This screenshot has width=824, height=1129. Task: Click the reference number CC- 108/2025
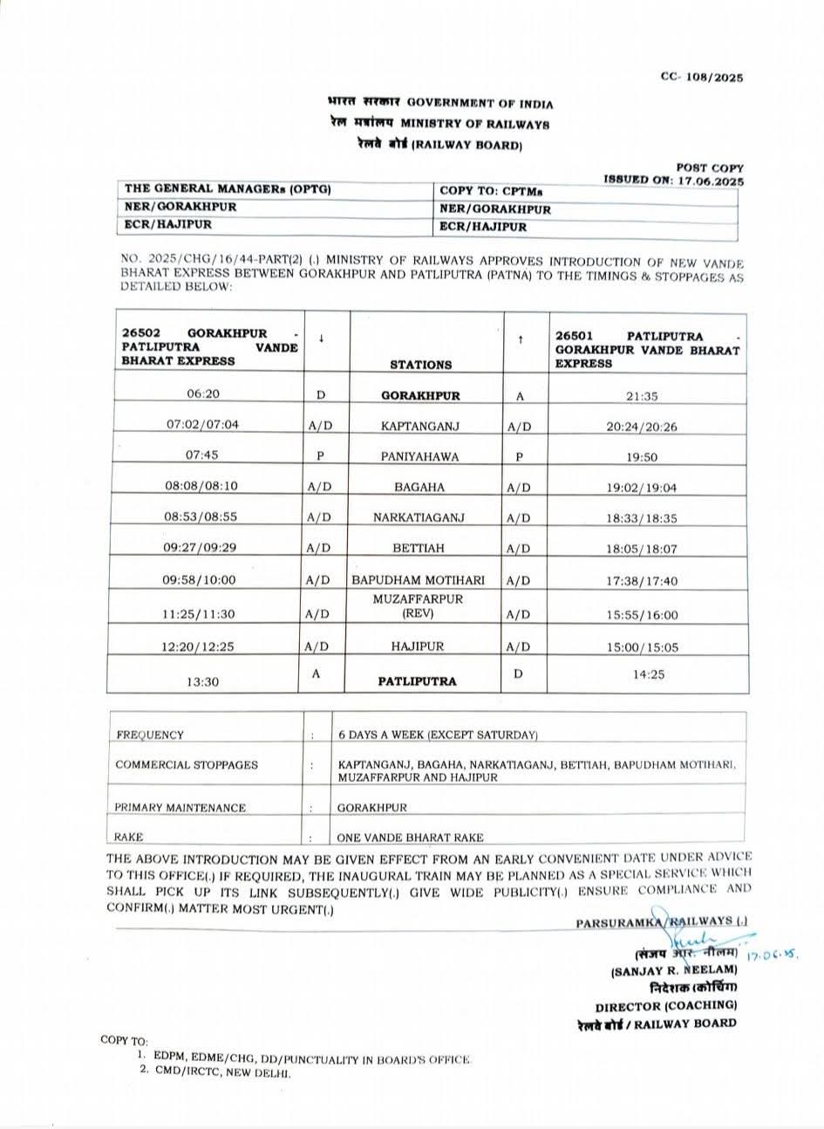pos(701,77)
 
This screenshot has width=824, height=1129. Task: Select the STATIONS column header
pos(420,365)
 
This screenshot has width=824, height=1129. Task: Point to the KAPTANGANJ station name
pos(420,426)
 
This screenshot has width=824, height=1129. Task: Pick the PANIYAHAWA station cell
pos(419,456)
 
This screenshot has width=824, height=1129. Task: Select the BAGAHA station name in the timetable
pos(419,487)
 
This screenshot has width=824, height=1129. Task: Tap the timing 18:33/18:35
pos(641,518)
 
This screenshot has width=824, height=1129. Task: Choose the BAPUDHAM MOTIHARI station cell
pos(419,579)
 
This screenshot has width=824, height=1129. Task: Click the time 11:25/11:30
pos(199,614)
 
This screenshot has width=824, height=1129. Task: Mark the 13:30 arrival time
pos(202,682)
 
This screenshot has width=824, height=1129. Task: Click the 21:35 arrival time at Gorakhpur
pos(641,396)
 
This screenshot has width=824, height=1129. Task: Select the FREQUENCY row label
pos(150,735)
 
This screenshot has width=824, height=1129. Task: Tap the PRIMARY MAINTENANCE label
pos(180,808)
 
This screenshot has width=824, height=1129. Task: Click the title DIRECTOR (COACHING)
pos(665,1005)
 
